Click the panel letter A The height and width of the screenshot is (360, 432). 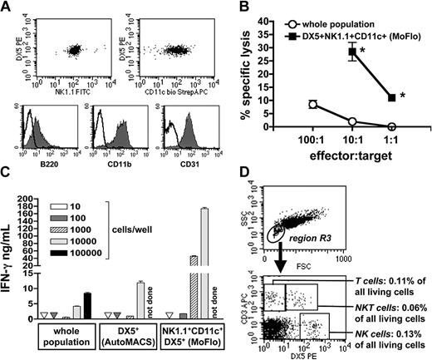[7, 7]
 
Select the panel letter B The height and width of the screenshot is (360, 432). [234, 7]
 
